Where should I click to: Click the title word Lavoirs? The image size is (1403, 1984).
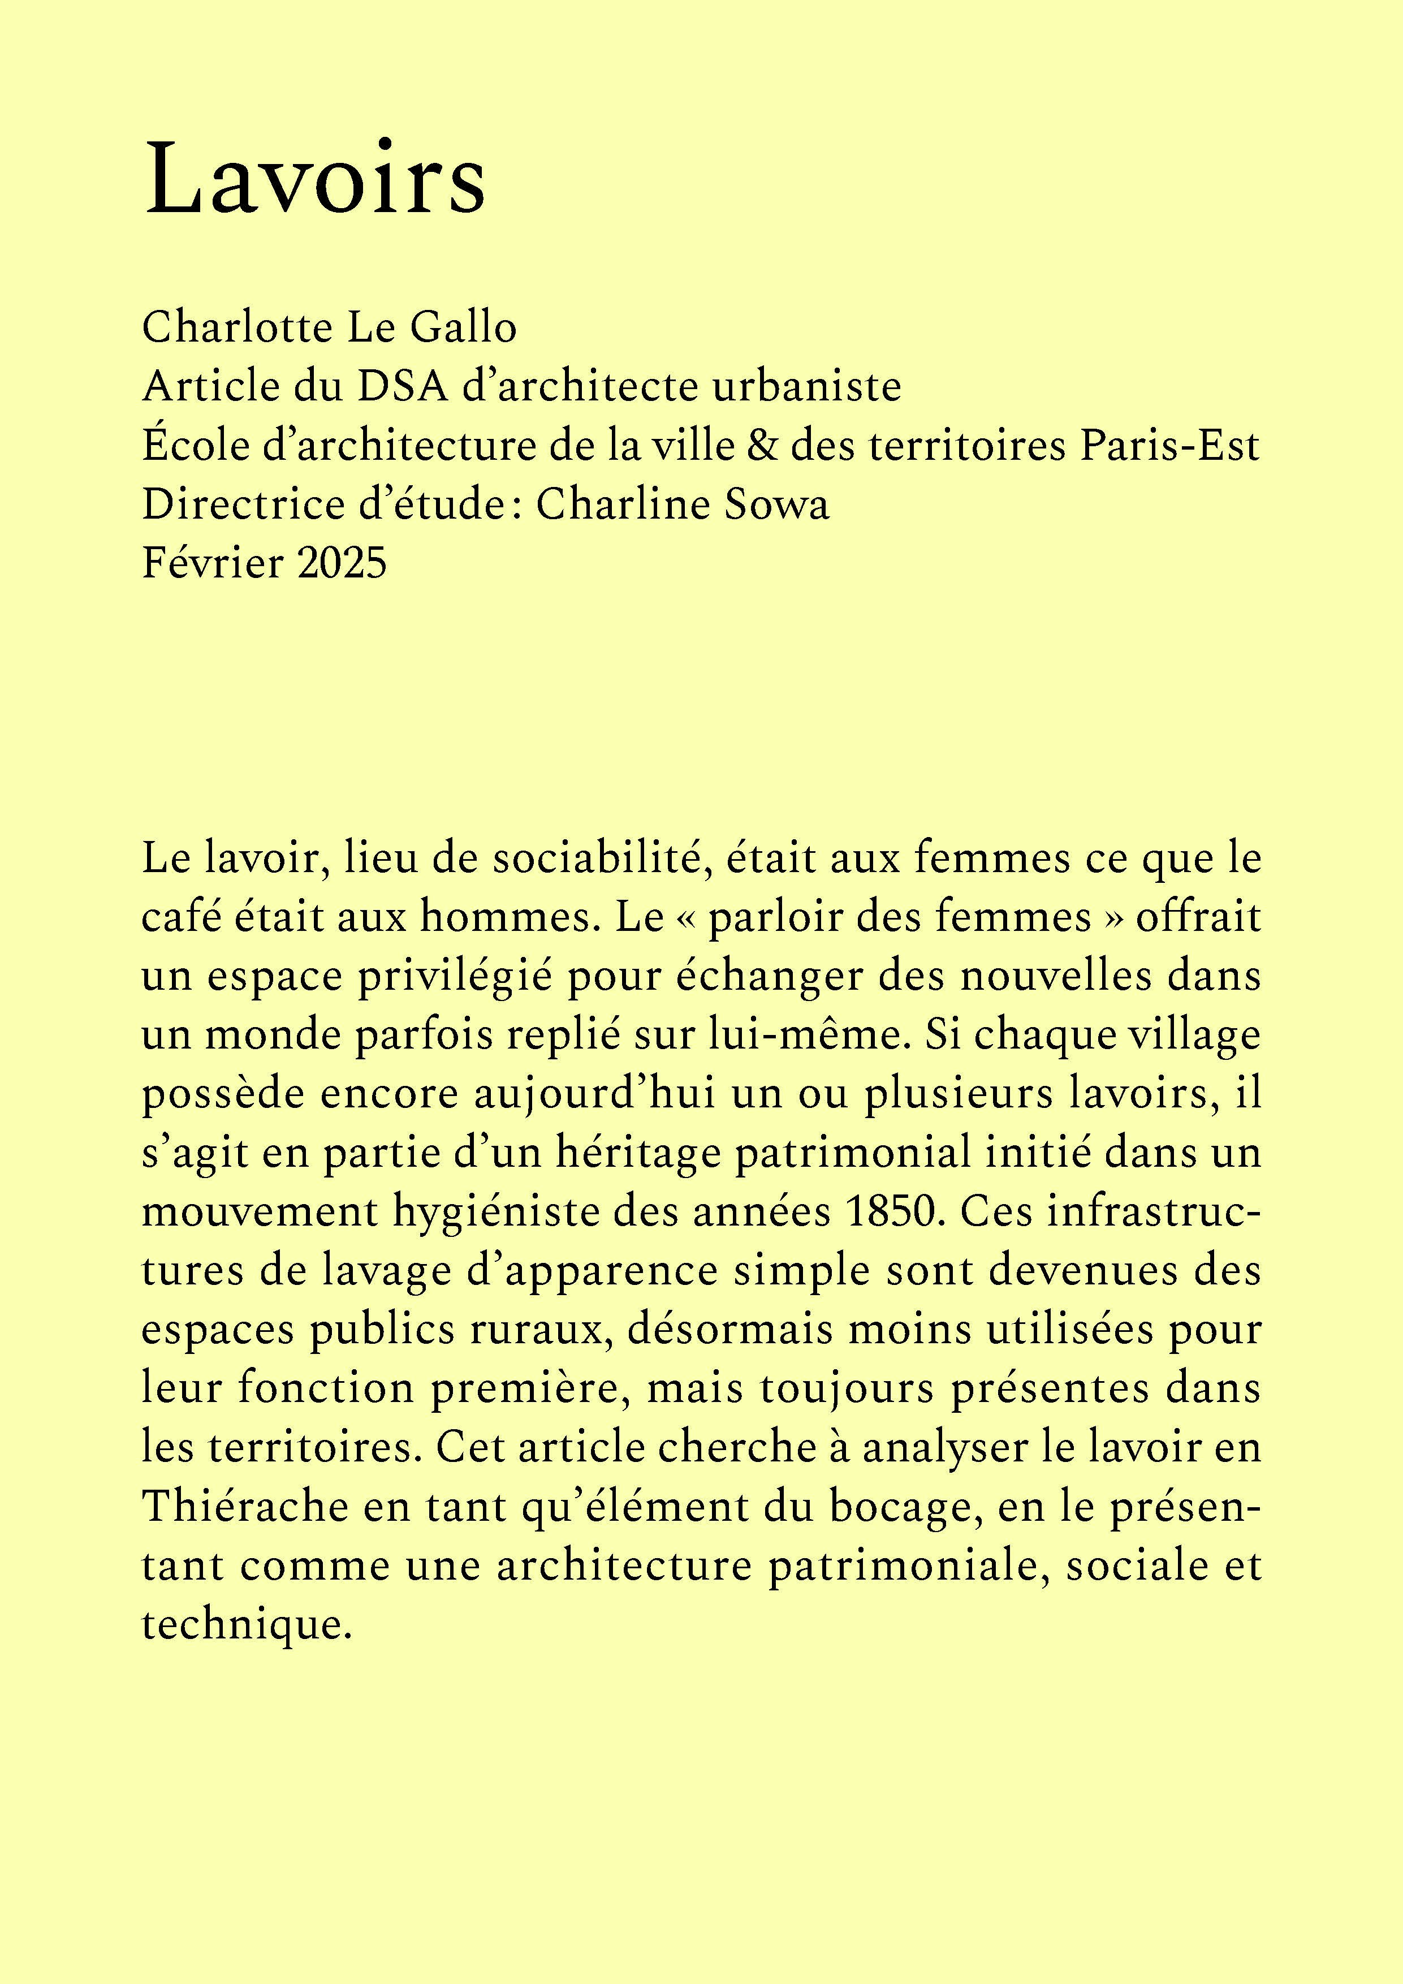[x=316, y=182]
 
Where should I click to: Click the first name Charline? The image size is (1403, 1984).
[x=621, y=504]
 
